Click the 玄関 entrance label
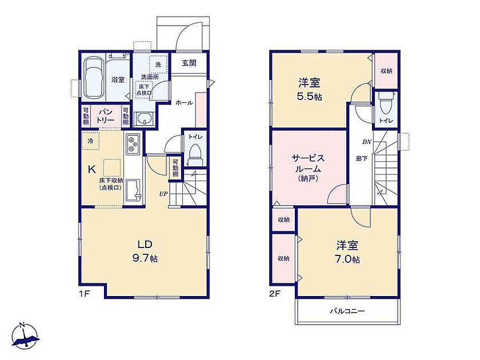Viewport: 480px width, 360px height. (189, 63)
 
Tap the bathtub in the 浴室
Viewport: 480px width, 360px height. (94, 78)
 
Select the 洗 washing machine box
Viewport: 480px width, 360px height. (158, 65)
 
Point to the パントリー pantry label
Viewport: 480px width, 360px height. (106, 115)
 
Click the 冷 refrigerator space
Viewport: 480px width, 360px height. (90, 141)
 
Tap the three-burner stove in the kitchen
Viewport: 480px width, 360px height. (133, 143)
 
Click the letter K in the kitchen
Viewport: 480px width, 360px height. (91, 169)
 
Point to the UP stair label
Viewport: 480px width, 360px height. (163, 194)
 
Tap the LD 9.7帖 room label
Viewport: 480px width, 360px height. (145, 251)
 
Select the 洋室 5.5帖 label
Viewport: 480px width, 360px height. (310, 89)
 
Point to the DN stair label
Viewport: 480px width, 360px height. (367, 142)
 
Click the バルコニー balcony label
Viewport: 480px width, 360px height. (347, 311)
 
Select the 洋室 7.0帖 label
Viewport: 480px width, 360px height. (348, 252)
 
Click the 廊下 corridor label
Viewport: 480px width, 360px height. (362, 159)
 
